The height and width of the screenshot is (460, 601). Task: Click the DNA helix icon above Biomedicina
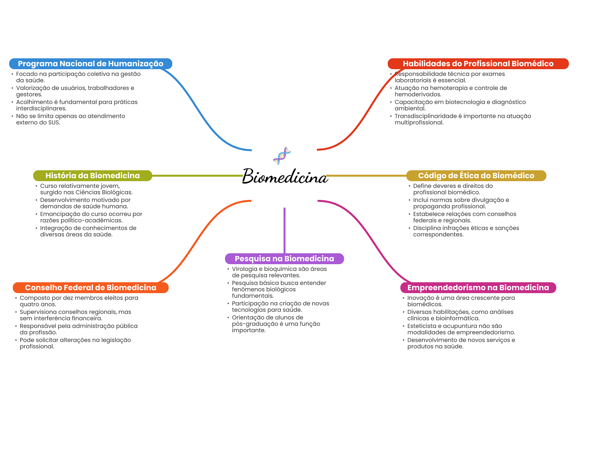pyautogui.click(x=282, y=156)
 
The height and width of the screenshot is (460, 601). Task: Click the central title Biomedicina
pyautogui.click(x=285, y=176)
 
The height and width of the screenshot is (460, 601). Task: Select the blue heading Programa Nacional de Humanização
pyautogui.click(x=90, y=64)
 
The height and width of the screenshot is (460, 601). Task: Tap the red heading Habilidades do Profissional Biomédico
pyautogui.click(x=478, y=64)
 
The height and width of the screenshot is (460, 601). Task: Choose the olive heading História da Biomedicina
pyautogui.click(x=92, y=176)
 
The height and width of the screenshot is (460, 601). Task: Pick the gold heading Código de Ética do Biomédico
pyautogui.click(x=476, y=176)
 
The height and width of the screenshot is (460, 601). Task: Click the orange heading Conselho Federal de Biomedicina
pyautogui.click(x=90, y=288)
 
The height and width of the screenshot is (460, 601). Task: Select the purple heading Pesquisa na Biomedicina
pyautogui.click(x=284, y=259)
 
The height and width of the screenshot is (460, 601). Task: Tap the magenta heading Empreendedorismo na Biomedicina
pyautogui.click(x=478, y=288)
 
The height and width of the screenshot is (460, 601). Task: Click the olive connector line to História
pyautogui.click(x=197, y=176)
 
